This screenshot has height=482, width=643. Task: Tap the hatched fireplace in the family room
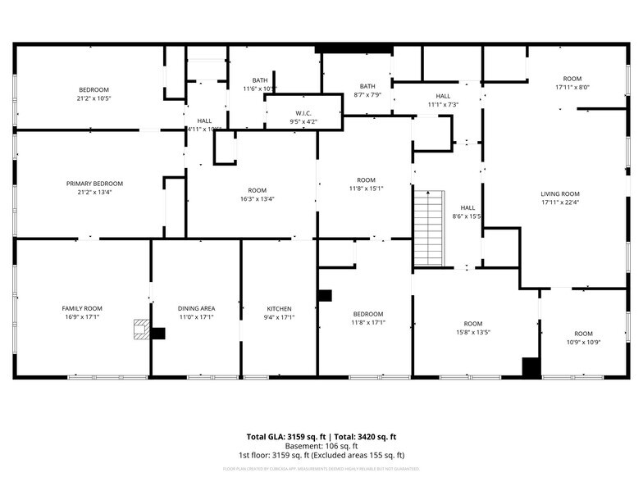pos(142,330)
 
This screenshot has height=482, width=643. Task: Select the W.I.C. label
pos(303,113)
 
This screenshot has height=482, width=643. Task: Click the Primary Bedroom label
pos(94,184)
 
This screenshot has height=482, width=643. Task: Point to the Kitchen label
pos(279,308)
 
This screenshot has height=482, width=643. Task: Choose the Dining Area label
pos(196,308)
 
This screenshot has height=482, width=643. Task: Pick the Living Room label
pos(560,193)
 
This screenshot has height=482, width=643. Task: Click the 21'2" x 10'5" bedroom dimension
pos(94,98)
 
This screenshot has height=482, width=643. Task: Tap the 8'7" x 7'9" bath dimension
pos(367,95)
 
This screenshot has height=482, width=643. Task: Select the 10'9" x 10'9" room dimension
pos(583,343)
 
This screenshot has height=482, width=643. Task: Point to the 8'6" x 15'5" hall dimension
pos(467,216)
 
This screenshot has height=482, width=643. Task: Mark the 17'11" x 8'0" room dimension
pos(572,87)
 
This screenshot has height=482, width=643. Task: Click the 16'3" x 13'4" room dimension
pos(257,198)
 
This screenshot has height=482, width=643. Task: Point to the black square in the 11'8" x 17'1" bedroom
pos(325,295)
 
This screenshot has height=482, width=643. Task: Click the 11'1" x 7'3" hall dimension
pos(443,105)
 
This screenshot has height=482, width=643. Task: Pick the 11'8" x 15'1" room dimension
pos(366,189)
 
